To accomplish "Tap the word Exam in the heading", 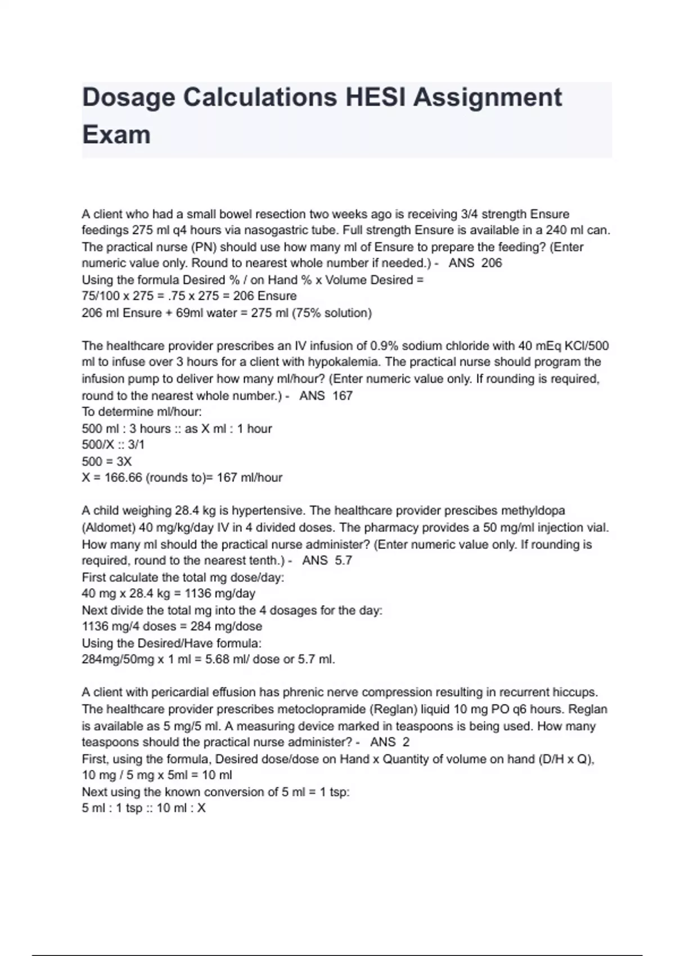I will pos(116,135).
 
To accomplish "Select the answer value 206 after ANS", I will pos(492,263).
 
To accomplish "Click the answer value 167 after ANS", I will pos(343,396).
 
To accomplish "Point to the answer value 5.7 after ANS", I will pos(343,561).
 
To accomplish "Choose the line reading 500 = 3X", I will pos(107,462).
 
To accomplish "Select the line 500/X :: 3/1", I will pos(113,445).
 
